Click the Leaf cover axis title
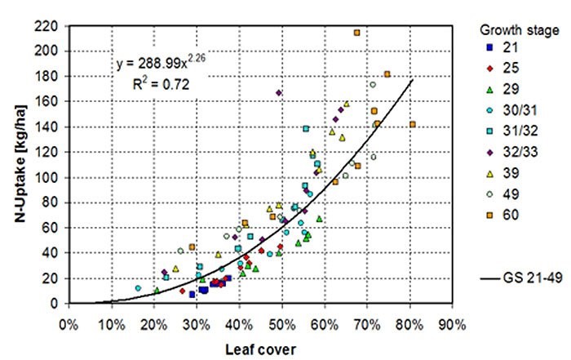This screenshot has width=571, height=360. click(261, 347)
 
